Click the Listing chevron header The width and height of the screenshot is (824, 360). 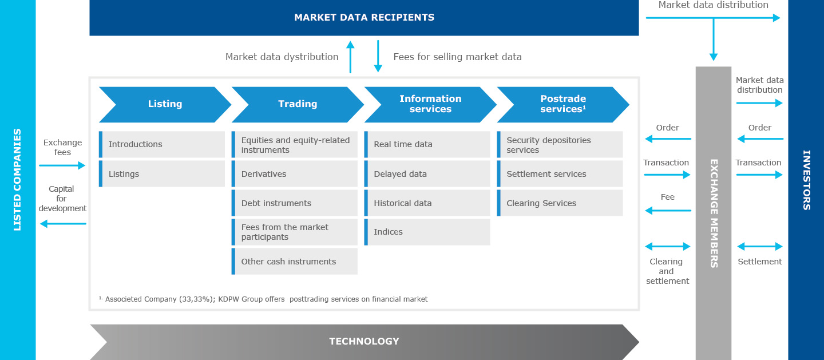165,104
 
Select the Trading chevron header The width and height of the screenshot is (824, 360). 298,104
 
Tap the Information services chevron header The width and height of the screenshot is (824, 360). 430,104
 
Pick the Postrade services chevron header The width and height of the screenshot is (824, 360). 563,104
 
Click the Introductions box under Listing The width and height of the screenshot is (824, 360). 162,144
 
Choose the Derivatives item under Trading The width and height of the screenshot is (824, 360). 295,174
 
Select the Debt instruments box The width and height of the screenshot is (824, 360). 295,203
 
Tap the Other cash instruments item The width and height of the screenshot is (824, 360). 295,262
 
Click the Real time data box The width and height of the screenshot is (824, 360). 427,144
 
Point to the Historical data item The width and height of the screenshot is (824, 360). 427,203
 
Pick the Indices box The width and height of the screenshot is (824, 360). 427,232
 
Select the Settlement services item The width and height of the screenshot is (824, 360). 560,174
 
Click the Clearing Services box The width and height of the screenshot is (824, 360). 560,203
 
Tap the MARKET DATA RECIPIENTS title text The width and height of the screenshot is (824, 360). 364,18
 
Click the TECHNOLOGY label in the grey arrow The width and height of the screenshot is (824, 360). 364,342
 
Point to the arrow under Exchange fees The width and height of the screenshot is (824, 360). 62,166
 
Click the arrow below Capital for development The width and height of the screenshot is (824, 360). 63,224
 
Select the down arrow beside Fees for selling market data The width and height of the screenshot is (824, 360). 378,56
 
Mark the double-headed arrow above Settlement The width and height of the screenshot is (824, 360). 759,247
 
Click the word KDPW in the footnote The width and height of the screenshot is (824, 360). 231,299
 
